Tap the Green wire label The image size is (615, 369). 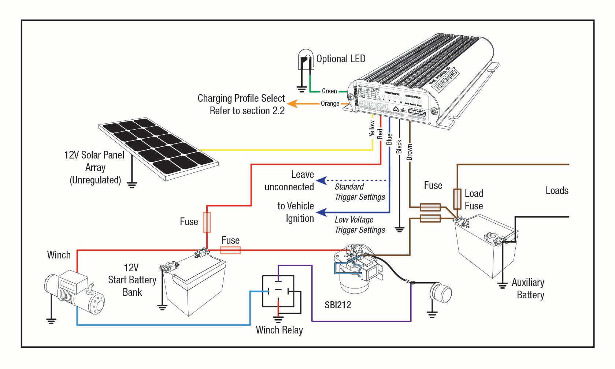point(329,91)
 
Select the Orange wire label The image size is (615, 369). point(330,104)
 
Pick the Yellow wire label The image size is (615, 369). point(372,128)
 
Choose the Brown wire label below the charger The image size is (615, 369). point(410,152)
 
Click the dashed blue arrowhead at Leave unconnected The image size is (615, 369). point(321,180)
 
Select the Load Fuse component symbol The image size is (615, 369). point(457,199)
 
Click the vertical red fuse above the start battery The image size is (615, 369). point(207,222)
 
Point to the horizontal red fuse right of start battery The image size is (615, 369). point(230,250)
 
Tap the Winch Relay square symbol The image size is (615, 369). point(278,291)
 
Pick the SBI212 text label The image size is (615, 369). point(338,305)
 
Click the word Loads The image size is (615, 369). point(557,190)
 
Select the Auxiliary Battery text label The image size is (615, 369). point(528,288)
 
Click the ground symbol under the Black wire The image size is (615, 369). point(400,230)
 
